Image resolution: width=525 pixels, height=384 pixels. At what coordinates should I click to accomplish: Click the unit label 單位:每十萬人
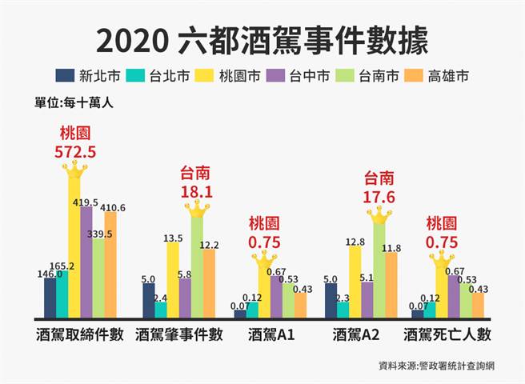[x=69, y=102]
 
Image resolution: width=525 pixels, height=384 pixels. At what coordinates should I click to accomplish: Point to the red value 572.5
[x=74, y=150]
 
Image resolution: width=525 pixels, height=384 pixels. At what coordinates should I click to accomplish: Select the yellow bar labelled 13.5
[x=173, y=280]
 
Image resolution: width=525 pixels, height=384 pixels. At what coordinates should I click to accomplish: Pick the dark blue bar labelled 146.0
[x=50, y=298]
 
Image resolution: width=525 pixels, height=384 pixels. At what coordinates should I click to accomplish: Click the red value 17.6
[x=379, y=194]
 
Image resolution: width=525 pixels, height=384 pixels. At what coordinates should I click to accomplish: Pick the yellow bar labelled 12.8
[x=355, y=282]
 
